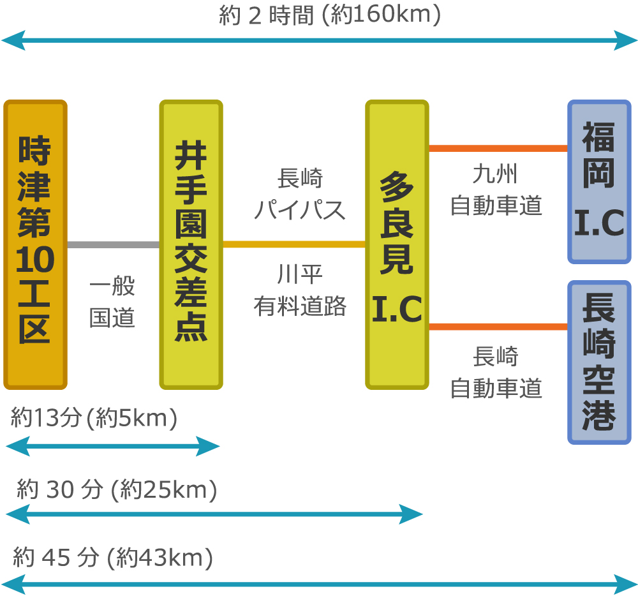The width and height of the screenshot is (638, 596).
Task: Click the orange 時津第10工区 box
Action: (x=35, y=244)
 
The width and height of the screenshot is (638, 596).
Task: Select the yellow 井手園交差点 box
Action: (x=191, y=244)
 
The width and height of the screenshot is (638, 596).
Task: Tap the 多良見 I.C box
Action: (x=397, y=244)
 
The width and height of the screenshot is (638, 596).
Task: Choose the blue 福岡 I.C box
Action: (x=599, y=182)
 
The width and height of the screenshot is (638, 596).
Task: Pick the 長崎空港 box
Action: (x=599, y=362)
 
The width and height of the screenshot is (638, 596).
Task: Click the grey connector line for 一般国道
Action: (x=113, y=244)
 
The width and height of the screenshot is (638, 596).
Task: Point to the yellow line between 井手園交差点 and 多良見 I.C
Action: (x=293, y=244)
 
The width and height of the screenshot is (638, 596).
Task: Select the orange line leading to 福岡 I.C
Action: (x=498, y=149)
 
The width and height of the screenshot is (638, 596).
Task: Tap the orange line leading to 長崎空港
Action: (x=498, y=327)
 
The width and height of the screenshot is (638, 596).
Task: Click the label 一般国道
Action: (x=112, y=302)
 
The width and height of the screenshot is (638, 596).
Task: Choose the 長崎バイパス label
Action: (x=300, y=193)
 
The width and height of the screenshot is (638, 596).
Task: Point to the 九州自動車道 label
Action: (x=496, y=190)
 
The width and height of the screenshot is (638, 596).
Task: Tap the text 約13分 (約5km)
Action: (x=94, y=419)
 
